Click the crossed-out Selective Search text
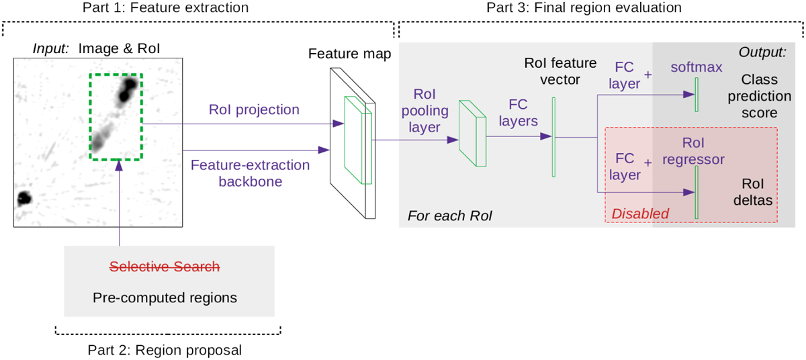[165, 267]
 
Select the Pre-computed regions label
[165, 297]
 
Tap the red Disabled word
[640, 214]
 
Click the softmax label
[696, 67]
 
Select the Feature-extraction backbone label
[251, 173]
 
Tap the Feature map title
[349, 53]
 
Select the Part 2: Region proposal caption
[165, 350]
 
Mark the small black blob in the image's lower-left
[24, 197]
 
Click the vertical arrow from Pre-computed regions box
[119, 201]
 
